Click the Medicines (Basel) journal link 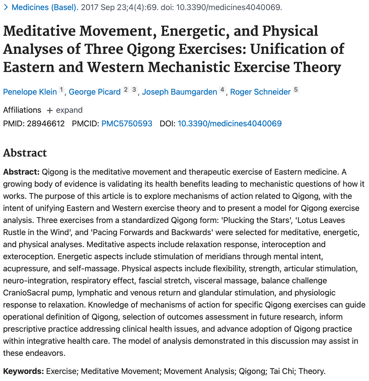click(x=45, y=7)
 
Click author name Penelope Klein click(x=30, y=92)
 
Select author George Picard click(x=95, y=92)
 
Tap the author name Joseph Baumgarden click(x=179, y=92)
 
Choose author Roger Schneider click(x=260, y=92)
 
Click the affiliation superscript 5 click(x=296, y=90)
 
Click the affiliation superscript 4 click(x=222, y=90)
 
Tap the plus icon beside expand click(x=50, y=110)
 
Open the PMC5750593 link click(x=127, y=124)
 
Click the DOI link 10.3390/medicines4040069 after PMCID click(x=229, y=124)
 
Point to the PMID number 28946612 click(x=46, y=124)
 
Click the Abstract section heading click(x=25, y=153)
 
